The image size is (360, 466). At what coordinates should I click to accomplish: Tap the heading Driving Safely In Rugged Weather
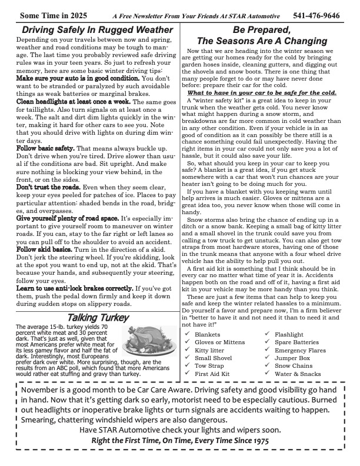(x=97, y=29)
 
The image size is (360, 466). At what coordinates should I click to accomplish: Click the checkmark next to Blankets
(x=187, y=334)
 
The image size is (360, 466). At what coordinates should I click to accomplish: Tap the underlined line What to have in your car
(x=262, y=92)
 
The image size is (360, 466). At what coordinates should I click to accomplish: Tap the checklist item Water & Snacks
(x=298, y=373)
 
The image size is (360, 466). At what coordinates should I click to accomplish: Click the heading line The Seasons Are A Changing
(x=262, y=41)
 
